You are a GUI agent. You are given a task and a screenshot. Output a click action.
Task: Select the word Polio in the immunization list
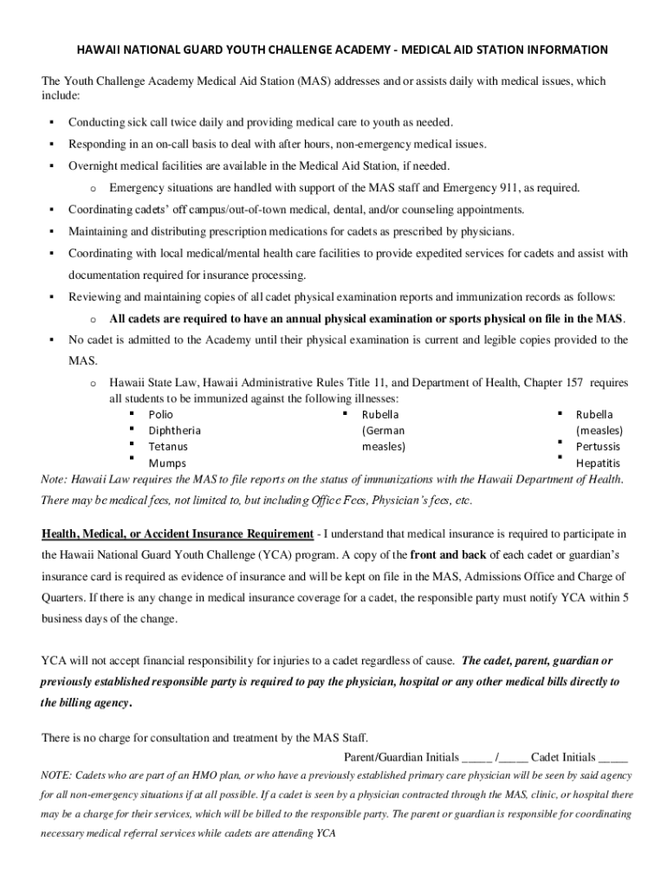[160, 415]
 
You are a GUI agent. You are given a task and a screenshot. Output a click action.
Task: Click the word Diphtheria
[174, 431]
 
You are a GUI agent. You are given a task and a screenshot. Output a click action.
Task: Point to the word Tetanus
[168, 446]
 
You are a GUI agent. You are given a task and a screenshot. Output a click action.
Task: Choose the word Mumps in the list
[166, 463]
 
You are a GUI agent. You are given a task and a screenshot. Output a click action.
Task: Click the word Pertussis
[598, 446]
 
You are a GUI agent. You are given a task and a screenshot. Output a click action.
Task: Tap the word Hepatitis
[598, 463]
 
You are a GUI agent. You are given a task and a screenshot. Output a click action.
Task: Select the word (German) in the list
[383, 431]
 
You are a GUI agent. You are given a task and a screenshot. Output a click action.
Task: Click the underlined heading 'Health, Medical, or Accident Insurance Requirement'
[178, 533]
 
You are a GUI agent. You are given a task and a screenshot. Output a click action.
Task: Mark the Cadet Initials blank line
[613, 756]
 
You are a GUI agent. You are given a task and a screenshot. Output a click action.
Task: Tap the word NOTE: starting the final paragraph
[57, 774]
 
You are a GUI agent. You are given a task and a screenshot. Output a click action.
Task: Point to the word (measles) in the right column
[599, 431]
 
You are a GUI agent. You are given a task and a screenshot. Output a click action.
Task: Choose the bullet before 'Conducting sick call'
[52, 121]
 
